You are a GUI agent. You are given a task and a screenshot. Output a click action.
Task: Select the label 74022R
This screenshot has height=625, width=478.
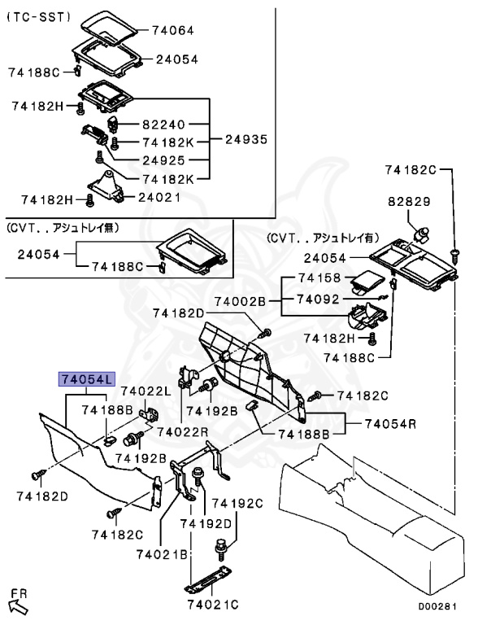tap(183, 431)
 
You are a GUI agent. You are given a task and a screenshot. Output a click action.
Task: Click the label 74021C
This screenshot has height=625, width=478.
tap(212, 604)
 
